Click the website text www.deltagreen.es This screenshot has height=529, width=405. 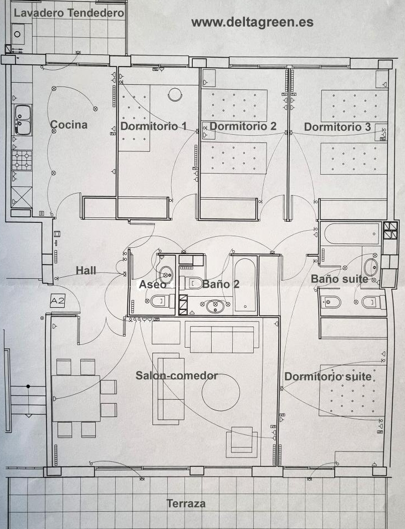point(252,22)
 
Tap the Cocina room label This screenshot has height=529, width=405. point(69,125)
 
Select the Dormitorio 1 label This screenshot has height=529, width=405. point(153,126)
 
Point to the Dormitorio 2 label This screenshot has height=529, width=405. point(243,126)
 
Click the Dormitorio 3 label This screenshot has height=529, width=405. point(337,127)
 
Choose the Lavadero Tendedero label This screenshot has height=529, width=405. point(69,13)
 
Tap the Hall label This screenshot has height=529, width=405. point(86,270)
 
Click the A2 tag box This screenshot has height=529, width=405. point(57,301)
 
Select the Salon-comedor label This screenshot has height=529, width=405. point(177,375)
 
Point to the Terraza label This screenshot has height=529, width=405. point(186,503)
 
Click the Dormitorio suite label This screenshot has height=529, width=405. point(328,377)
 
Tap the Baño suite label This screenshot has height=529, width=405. point(339,279)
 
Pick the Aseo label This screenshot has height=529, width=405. point(153,284)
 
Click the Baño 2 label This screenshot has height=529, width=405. point(221,284)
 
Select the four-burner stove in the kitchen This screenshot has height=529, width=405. point(22,160)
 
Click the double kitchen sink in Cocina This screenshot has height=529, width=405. point(23,120)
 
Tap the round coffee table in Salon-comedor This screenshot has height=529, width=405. point(221,392)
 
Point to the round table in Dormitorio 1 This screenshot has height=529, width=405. point(175,94)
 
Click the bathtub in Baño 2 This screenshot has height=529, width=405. point(245,285)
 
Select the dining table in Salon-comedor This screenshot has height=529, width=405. point(76,398)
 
